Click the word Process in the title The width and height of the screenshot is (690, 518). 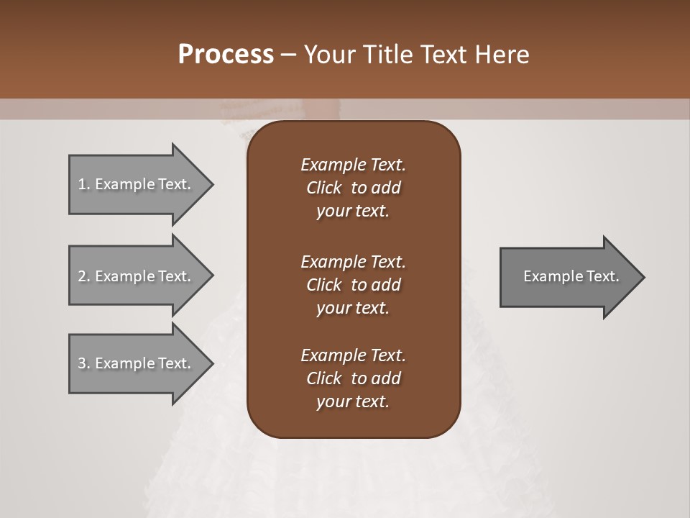[226, 55]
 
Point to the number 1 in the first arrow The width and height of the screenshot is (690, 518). [83, 184]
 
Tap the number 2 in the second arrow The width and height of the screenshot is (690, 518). [83, 276]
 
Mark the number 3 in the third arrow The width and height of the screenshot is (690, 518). [83, 363]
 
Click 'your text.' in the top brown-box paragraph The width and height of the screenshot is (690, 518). [353, 211]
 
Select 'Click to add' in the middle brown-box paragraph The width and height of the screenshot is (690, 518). [353, 285]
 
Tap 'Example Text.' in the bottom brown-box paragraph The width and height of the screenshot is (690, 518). [353, 355]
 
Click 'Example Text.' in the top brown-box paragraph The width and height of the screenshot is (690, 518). [353, 165]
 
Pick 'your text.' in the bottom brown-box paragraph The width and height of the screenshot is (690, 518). [353, 401]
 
